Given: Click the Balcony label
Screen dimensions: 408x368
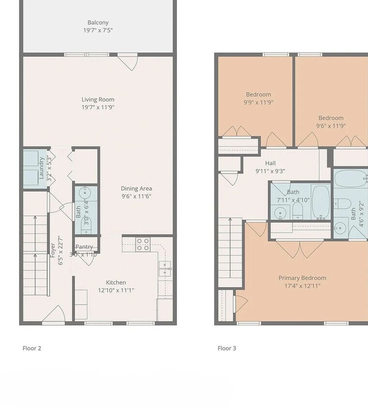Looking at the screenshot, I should pyautogui.click(x=98, y=22).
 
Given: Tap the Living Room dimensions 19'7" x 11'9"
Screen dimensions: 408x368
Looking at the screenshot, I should pyautogui.click(x=98, y=107).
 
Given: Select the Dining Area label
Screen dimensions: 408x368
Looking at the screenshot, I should pyautogui.click(x=136, y=189).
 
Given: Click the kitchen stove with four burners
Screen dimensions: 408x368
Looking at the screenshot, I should pyautogui.click(x=143, y=245).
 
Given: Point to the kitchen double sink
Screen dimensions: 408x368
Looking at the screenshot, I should pyautogui.click(x=165, y=268).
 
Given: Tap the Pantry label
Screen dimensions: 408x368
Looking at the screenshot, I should pyautogui.click(x=84, y=247).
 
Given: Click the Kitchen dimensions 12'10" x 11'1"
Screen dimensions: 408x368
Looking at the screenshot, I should pyautogui.click(x=116, y=290).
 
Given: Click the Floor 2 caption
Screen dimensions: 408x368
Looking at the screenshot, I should pyautogui.click(x=32, y=348).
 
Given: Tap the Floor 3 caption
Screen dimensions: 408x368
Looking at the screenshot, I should pyautogui.click(x=227, y=348).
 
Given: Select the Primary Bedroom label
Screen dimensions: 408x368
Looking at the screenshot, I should pyautogui.click(x=302, y=278).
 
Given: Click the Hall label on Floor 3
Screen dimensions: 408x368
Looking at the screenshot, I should pyautogui.click(x=270, y=163).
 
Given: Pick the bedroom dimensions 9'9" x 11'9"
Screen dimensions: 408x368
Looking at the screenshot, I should pyautogui.click(x=258, y=102).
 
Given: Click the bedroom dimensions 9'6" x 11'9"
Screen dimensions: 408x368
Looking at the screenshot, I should pyautogui.click(x=331, y=126).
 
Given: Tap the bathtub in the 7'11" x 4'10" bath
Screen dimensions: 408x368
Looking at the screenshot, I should pyautogui.click(x=320, y=202).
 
